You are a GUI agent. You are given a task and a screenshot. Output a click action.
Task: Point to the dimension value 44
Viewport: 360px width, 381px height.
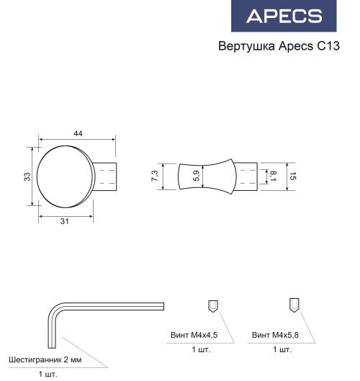pyautogui.click(x=78, y=133)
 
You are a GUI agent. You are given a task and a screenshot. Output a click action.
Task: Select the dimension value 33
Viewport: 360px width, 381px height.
pyautogui.click(x=27, y=176)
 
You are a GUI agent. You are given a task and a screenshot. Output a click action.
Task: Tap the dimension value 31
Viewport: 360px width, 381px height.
pyautogui.click(x=65, y=222)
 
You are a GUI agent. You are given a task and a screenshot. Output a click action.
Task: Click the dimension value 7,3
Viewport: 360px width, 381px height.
pyautogui.click(x=155, y=176)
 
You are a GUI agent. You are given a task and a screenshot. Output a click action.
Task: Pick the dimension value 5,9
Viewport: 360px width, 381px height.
pyautogui.click(x=197, y=176)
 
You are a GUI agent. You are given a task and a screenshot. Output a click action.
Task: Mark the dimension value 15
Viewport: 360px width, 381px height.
pyautogui.click(x=293, y=176)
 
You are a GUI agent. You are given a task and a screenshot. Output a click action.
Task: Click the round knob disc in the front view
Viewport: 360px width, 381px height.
pyautogui.click(x=66, y=176)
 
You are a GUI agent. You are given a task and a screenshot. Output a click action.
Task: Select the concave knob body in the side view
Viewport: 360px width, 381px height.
pyautogui.click(x=206, y=176)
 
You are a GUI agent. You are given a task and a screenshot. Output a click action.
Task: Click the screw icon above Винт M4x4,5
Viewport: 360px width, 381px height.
pyautogui.click(x=212, y=305)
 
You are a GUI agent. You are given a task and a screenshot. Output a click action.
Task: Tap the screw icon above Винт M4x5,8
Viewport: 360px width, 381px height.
pyautogui.click(x=294, y=305)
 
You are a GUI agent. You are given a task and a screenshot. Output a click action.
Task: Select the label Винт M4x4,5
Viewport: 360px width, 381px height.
pyautogui.click(x=194, y=335)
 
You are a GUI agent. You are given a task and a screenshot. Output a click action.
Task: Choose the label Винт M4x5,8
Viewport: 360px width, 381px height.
pyautogui.click(x=275, y=335)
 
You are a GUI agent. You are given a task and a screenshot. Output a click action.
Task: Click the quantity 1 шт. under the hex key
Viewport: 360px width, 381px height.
pyautogui.click(x=48, y=375)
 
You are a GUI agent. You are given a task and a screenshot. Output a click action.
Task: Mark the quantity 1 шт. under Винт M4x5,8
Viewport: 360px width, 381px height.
pyautogui.click(x=282, y=349)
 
